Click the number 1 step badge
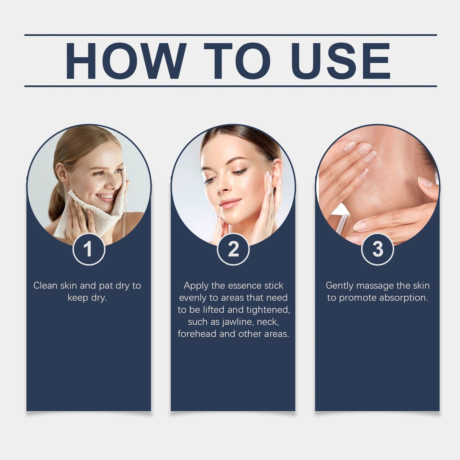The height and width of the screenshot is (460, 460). click(89, 249)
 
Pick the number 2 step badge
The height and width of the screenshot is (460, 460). click(233, 249)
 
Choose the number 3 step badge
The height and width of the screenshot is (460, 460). click(378, 249)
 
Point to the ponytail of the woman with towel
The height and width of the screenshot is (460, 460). click(57, 204)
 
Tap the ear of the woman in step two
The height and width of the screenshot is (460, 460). click(276, 172)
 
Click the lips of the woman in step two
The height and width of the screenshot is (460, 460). click(229, 203)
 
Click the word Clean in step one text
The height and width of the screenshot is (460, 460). click(46, 286)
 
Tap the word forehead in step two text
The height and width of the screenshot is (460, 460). click(197, 334)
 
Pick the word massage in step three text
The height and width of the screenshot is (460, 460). click(375, 286)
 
